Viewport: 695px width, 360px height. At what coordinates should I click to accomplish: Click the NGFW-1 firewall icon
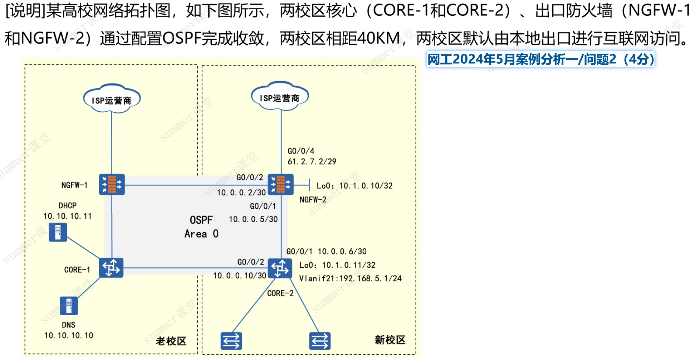click(x=112, y=184)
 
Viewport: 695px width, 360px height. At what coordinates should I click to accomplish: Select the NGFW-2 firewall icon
click(x=280, y=184)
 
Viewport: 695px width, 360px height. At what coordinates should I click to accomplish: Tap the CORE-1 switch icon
click(x=111, y=268)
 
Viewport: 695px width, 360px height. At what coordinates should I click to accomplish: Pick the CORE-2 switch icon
click(x=280, y=268)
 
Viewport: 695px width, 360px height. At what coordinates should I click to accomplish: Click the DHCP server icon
click(x=58, y=232)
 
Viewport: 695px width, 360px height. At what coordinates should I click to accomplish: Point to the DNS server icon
click(x=69, y=306)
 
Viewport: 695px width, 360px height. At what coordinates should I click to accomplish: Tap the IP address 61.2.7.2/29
click(x=312, y=162)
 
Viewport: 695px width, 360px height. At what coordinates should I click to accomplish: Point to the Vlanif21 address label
click(x=350, y=278)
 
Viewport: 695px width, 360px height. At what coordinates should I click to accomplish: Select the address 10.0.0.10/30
click(x=240, y=276)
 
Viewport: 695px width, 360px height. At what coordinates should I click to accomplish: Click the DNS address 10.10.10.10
click(x=69, y=335)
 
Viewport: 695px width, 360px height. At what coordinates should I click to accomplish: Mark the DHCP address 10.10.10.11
click(x=68, y=216)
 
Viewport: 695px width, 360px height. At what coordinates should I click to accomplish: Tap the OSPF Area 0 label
click(x=201, y=227)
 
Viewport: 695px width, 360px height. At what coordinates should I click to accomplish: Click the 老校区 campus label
click(x=171, y=341)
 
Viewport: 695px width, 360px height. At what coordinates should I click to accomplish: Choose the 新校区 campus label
click(x=390, y=340)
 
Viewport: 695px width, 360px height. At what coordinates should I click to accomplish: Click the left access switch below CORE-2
click(x=231, y=341)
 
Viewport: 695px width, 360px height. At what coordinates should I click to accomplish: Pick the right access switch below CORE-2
click(x=320, y=341)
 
